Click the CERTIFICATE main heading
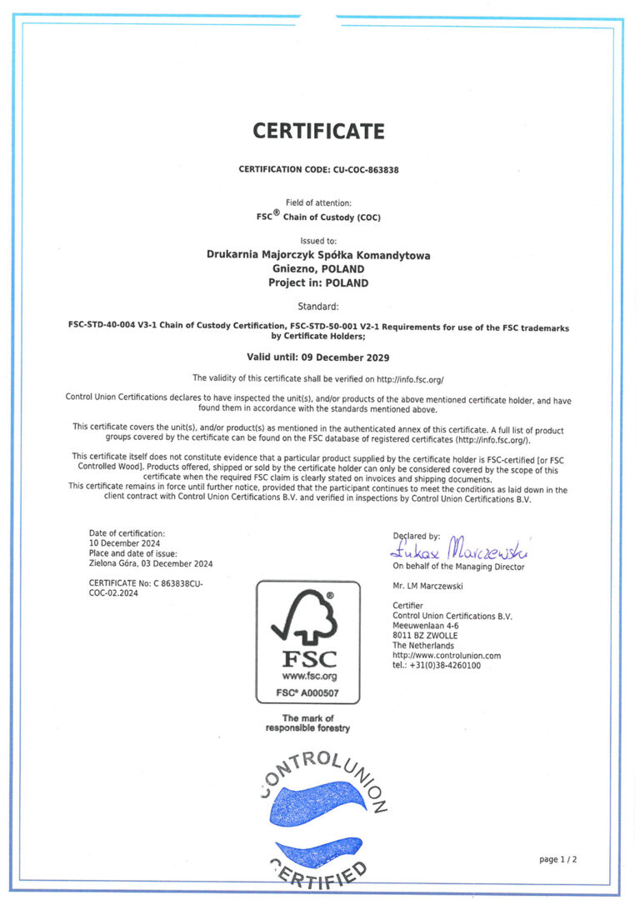pos(319,132)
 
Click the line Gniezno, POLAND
pos(318,269)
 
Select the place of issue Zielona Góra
pos(118,563)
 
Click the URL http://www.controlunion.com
pos(447,656)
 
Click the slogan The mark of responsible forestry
pos(307,723)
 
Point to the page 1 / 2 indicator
pos(557,859)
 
